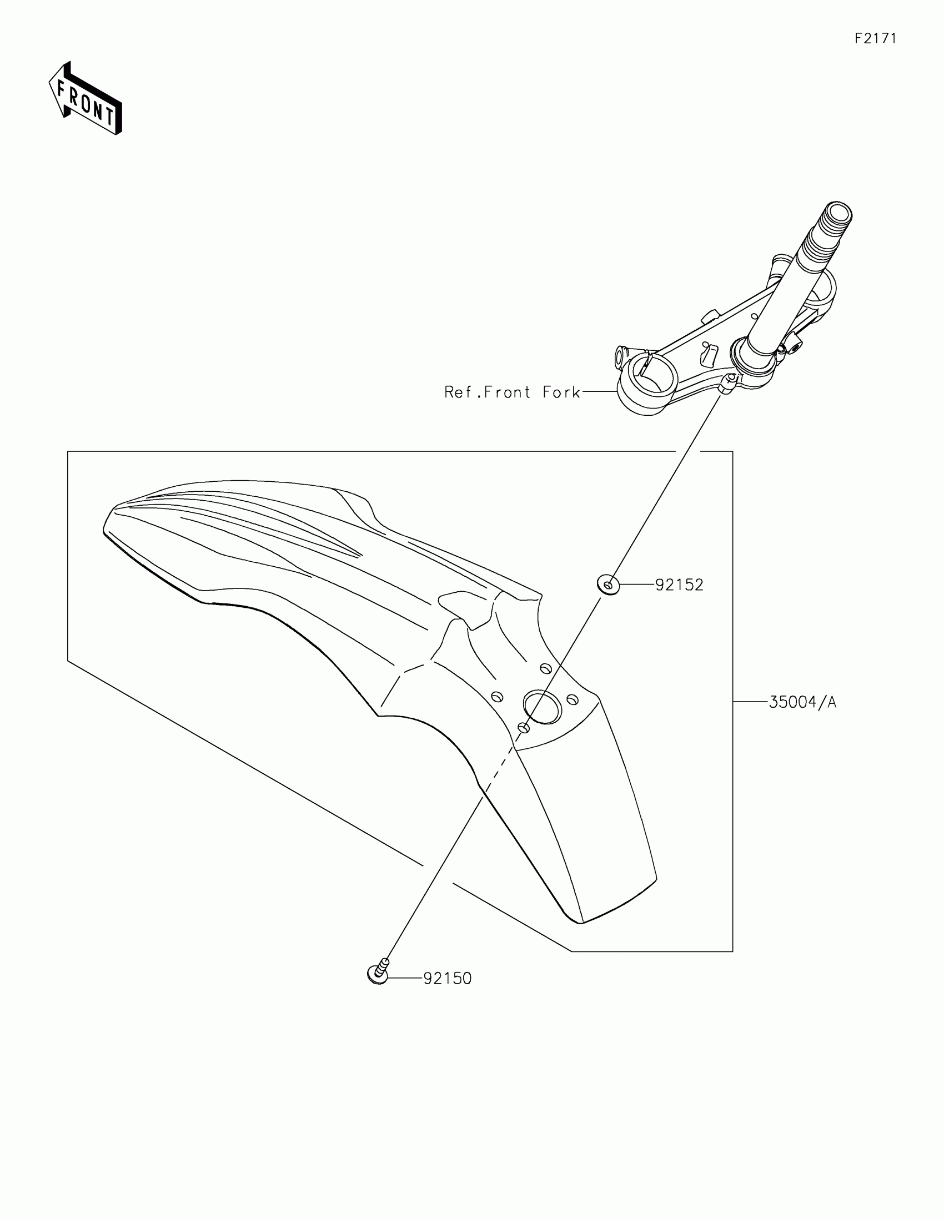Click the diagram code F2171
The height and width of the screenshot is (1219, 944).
875,38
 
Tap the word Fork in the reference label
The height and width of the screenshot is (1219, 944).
561,392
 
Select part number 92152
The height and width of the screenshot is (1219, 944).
679,585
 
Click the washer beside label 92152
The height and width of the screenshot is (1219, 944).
609,585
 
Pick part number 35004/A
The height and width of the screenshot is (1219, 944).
802,702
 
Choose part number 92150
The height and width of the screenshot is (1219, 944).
447,979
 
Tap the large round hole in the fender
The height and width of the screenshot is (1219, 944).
542,707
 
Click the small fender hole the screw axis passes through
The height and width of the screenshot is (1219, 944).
523,727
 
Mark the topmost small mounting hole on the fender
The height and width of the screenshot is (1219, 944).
545,668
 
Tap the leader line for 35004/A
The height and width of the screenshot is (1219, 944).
750,702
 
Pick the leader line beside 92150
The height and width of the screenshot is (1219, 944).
405,978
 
